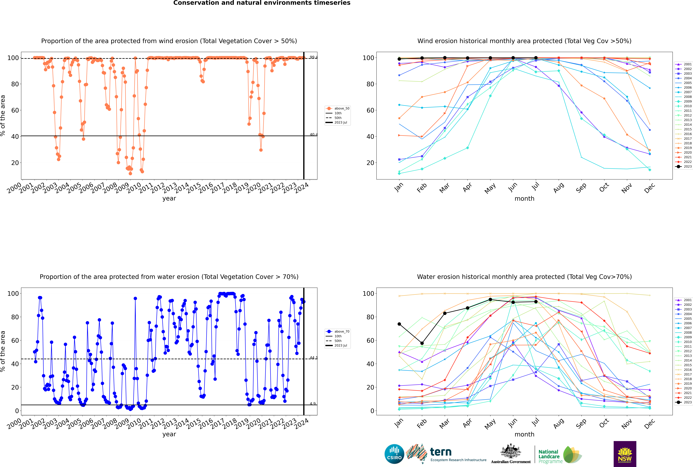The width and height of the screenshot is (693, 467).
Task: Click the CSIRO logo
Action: click(394, 454)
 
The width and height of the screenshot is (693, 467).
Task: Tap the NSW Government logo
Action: click(625, 454)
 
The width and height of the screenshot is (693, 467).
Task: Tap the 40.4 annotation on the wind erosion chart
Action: click(313, 135)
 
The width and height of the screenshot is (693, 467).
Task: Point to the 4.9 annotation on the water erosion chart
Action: click(313, 404)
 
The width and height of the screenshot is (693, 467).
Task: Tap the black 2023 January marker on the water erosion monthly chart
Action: click(399, 324)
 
